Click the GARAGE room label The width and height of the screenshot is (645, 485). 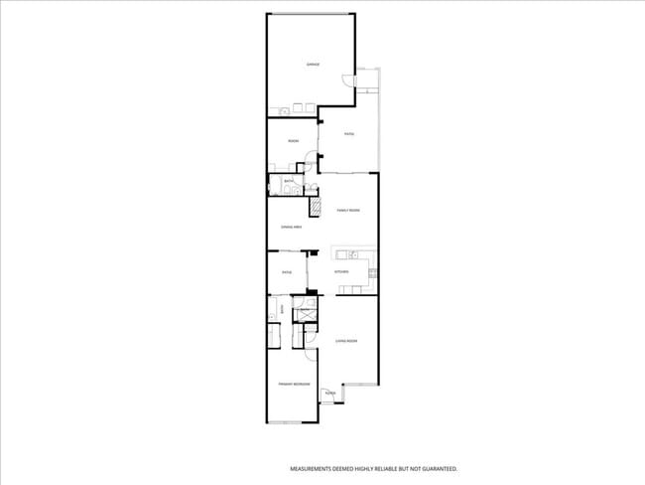pyautogui.click(x=312, y=64)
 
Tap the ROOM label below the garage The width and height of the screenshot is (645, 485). pyautogui.click(x=293, y=141)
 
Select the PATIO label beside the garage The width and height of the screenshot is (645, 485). pyautogui.click(x=349, y=134)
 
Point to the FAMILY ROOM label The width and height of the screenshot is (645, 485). pyautogui.click(x=347, y=211)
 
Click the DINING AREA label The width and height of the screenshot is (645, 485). pyautogui.click(x=291, y=228)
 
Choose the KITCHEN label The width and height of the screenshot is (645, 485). pyautogui.click(x=341, y=271)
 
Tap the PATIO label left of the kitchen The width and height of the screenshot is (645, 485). pyautogui.click(x=287, y=272)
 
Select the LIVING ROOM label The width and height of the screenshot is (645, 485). pyautogui.click(x=345, y=341)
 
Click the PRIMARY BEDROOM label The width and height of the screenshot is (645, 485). pyautogui.click(x=295, y=384)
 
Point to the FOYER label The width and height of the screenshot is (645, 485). pyautogui.click(x=330, y=394)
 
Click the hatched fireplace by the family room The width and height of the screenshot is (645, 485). pyautogui.click(x=318, y=207)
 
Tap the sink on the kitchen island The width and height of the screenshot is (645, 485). pyautogui.click(x=352, y=254)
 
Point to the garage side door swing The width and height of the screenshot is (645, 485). pyautogui.click(x=345, y=82)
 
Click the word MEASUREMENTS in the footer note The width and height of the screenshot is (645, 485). pyautogui.click(x=311, y=468)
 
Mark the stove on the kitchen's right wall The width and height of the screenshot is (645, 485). pyautogui.click(x=371, y=271)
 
